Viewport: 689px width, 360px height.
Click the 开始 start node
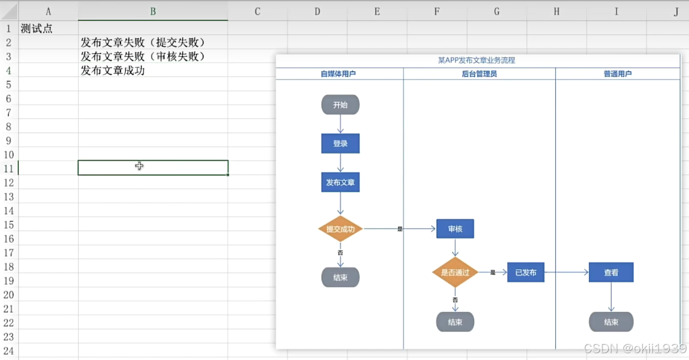(340, 105)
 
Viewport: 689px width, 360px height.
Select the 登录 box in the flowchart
(340, 143)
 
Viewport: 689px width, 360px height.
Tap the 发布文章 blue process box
(340, 182)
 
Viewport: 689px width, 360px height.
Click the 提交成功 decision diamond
(340, 229)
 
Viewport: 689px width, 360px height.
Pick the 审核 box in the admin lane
(455, 229)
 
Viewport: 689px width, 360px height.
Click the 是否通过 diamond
(455, 272)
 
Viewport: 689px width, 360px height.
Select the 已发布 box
(526, 272)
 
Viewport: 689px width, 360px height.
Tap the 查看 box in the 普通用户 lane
(611, 272)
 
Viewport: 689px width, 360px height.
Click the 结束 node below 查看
(611, 322)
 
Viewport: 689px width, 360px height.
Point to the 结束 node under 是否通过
(455, 322)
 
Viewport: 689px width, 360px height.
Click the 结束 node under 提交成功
(340, 277)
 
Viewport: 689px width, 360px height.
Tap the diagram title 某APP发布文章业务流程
(476, 60)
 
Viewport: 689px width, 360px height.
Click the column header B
(152, 12)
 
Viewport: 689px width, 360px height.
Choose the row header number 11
(9, 168)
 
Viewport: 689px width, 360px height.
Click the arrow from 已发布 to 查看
(566, 272)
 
